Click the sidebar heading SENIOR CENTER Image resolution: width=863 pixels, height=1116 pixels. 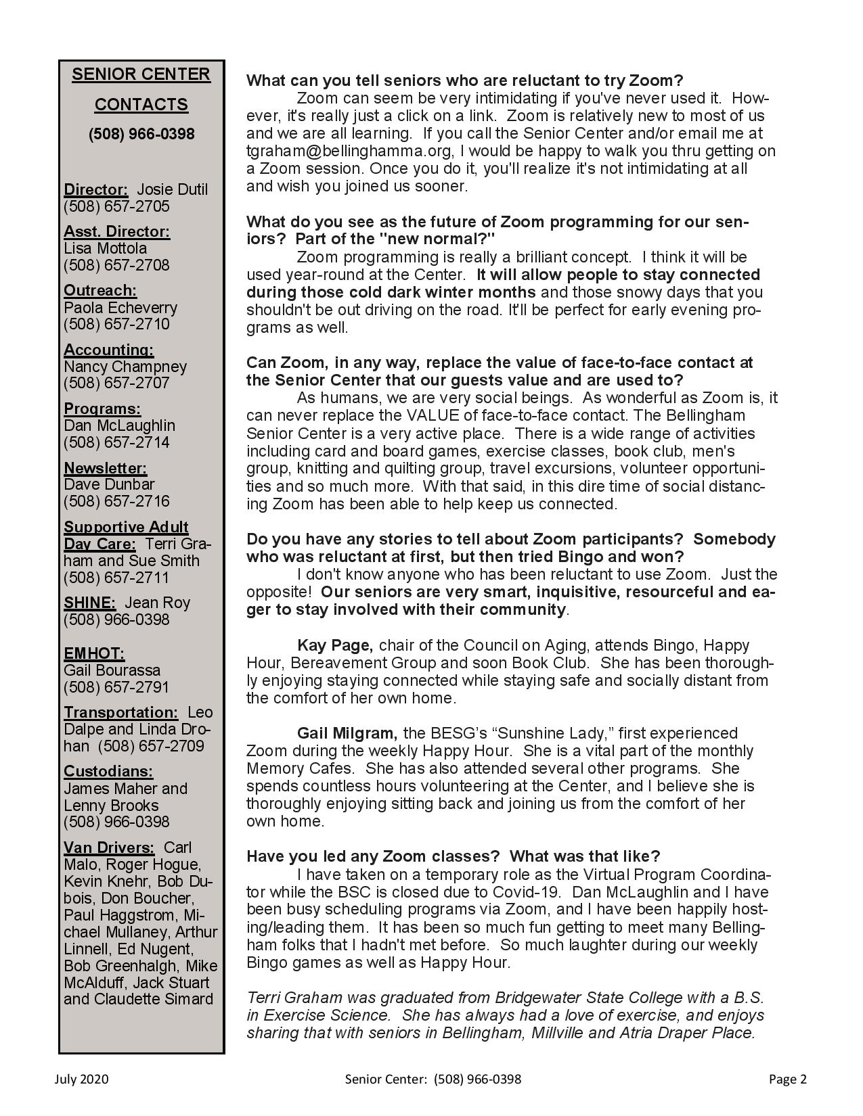pos(141,74)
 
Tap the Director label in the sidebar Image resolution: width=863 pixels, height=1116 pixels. pos(95,190)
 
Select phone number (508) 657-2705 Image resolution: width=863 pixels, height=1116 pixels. pos(116,206)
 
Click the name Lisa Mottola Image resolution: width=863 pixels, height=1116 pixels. pos(105,248)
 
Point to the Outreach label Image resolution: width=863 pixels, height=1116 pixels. pos(100,291)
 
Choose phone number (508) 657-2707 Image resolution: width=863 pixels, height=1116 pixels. pos(116,383)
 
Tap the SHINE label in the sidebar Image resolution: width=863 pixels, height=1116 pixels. pos(89,603)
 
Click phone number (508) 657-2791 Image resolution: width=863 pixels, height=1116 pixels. pos(116,687)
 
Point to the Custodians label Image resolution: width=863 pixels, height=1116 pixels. pos(108,772)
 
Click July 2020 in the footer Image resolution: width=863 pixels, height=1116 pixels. pos(81,1079)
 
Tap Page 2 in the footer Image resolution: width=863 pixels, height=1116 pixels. pos(787,1079)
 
